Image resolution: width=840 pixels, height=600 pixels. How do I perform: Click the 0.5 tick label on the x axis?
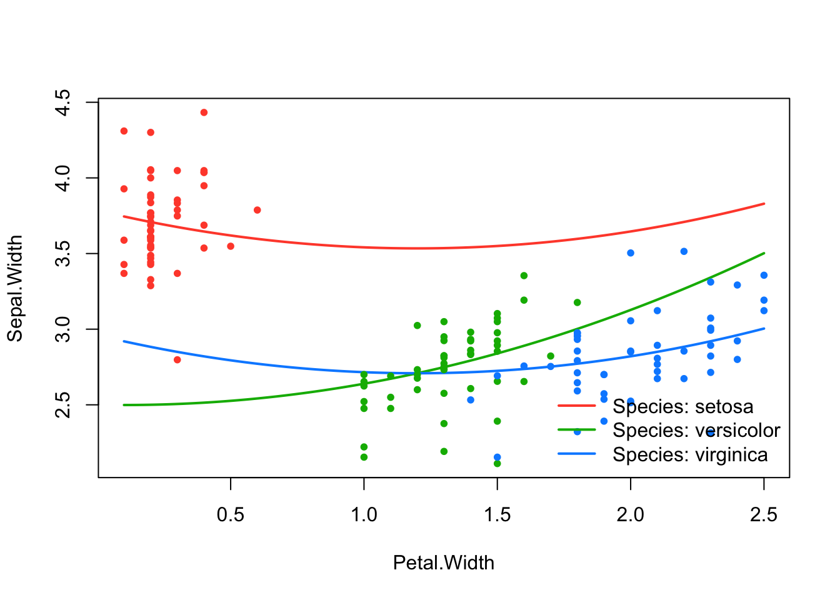tap(231, 515)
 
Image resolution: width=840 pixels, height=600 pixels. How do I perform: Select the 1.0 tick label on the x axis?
tap(364, 515)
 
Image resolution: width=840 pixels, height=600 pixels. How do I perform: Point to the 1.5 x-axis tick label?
tap(497, 515)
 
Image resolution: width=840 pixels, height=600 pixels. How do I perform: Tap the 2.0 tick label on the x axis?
tap(630, 515)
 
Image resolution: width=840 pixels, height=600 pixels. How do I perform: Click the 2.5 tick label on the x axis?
tap(763, 515)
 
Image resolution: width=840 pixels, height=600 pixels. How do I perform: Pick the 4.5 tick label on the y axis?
tap(64, 102)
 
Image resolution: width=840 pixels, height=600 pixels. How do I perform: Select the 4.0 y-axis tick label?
tap(64, 178)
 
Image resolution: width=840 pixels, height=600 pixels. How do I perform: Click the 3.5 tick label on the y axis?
tap(64, 254)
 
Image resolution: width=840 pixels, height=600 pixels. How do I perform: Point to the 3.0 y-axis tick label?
tap(64, 329)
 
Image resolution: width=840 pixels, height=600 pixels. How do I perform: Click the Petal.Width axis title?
tap(443, 563)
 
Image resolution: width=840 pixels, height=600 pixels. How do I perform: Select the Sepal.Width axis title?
tap(15, 288)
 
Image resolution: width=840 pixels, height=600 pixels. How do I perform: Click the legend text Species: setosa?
tap(682, 407)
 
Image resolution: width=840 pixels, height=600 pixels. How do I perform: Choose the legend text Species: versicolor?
tap(696, 431)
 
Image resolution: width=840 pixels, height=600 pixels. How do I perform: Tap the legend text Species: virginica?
tap(690, 455)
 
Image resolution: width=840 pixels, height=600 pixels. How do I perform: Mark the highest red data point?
tap(204, 112)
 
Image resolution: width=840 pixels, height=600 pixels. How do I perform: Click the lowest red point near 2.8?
tap(177, 360)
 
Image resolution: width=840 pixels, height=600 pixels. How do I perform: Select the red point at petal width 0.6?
tap(257, 210)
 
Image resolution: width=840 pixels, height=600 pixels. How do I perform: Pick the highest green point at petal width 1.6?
tap(524, 276)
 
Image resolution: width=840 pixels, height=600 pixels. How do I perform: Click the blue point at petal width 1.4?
tap(471, 400)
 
